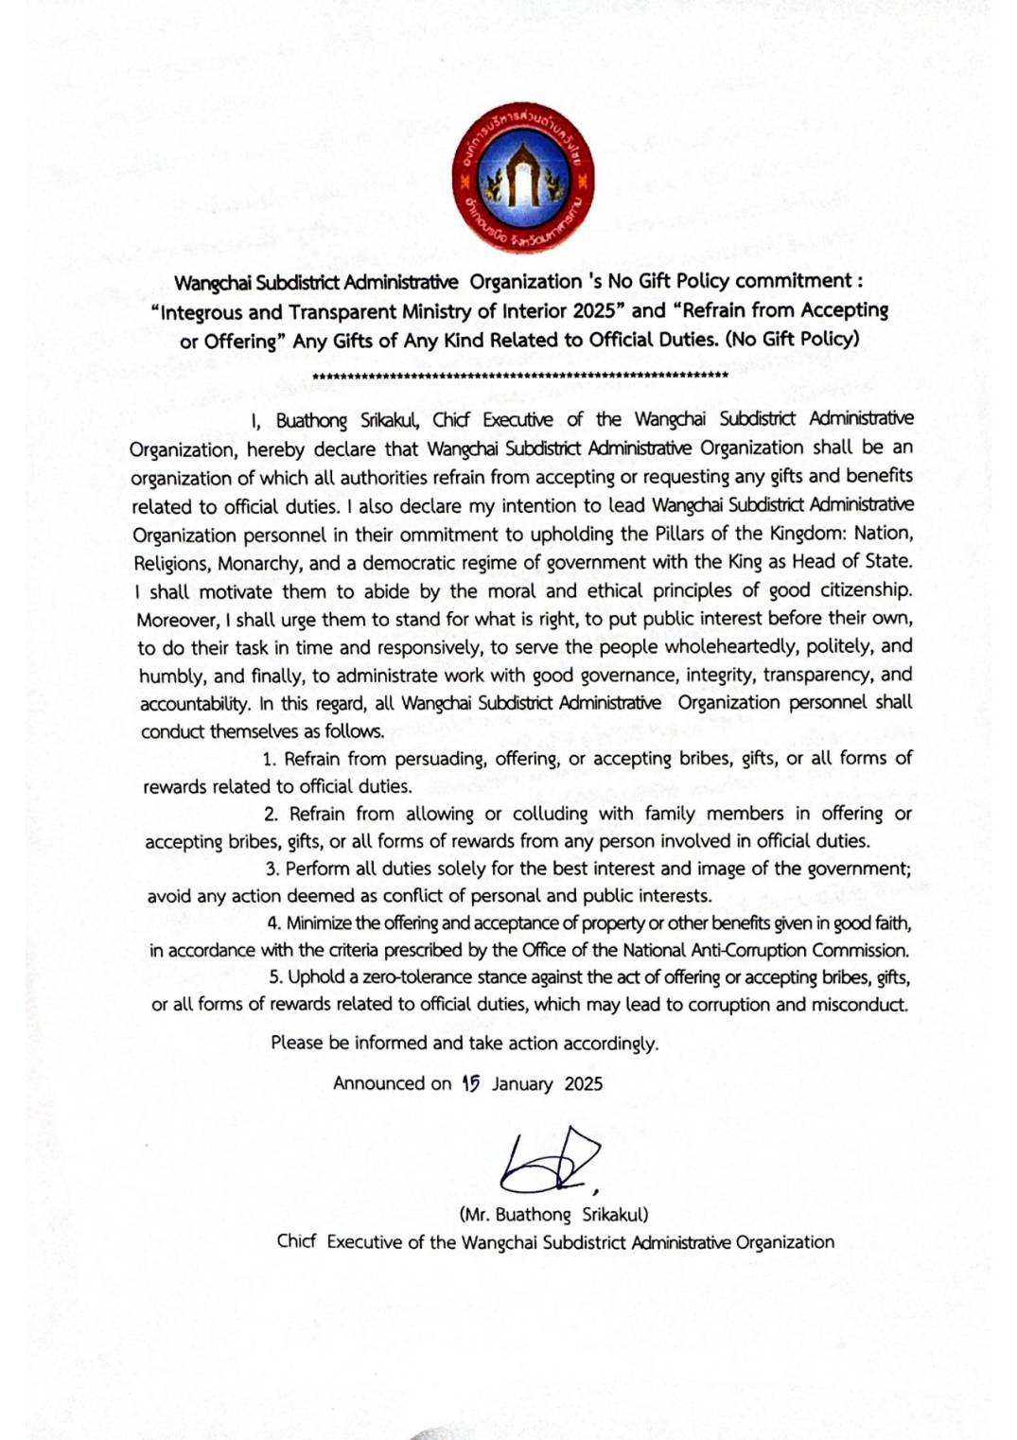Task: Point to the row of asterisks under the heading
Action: point(519,376)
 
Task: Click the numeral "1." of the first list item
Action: point(270,759)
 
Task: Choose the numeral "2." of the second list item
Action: point(272,814)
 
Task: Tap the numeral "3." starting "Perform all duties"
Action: point(272,869)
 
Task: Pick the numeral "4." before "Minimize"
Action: point(273,922)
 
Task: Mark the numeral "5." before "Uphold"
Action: point(275,977)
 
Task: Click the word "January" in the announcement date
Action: point(521,1084)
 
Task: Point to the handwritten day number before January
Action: point(471,1083)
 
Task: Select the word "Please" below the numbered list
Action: point(297,1043)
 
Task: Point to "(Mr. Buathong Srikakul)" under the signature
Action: point(553,1215)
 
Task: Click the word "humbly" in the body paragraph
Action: point(171,676)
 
